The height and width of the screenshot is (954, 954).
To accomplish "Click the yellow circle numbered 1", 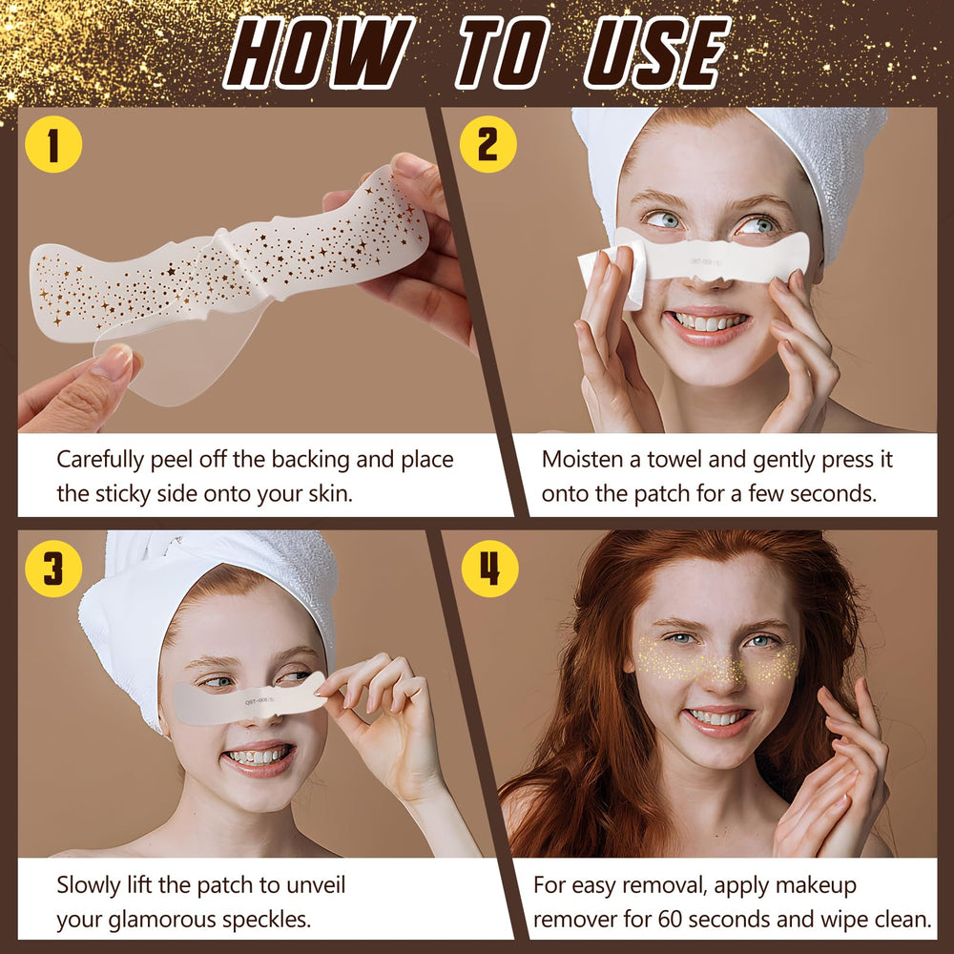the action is [52, 144].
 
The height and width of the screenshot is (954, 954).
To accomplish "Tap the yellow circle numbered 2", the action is [487, 144].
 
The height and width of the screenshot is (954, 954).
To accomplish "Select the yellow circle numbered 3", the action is [52, 569].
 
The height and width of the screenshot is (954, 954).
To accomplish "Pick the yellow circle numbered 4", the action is [489, 569].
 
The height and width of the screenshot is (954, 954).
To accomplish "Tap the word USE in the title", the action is [656, 52].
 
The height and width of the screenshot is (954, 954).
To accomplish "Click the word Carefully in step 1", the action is [100, 461].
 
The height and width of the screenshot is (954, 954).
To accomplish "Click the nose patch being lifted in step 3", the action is [248, 701].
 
